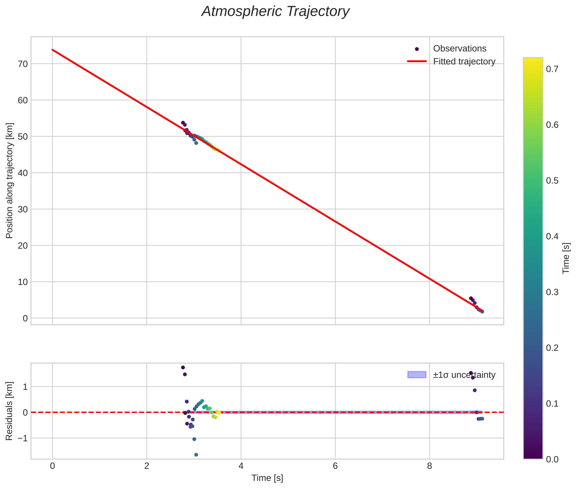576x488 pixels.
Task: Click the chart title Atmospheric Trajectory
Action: (275, 12)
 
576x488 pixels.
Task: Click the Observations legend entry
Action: (459, 48)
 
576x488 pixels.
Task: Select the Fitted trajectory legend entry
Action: (464, 61)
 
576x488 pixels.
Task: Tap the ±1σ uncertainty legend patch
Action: (417, 375)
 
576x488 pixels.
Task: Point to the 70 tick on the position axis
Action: (23, 64)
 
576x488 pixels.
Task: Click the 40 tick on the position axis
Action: (23, 173)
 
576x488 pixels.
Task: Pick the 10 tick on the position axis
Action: (23, 282)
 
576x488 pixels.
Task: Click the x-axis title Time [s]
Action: (267, 478)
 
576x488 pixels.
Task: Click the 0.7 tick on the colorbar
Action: (552, 69)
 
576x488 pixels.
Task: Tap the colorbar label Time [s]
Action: (566, 258)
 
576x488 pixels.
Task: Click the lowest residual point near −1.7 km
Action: (196, 455)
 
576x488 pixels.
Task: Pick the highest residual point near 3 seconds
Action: (183, 367)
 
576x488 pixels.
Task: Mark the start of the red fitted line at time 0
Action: (53, 50)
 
